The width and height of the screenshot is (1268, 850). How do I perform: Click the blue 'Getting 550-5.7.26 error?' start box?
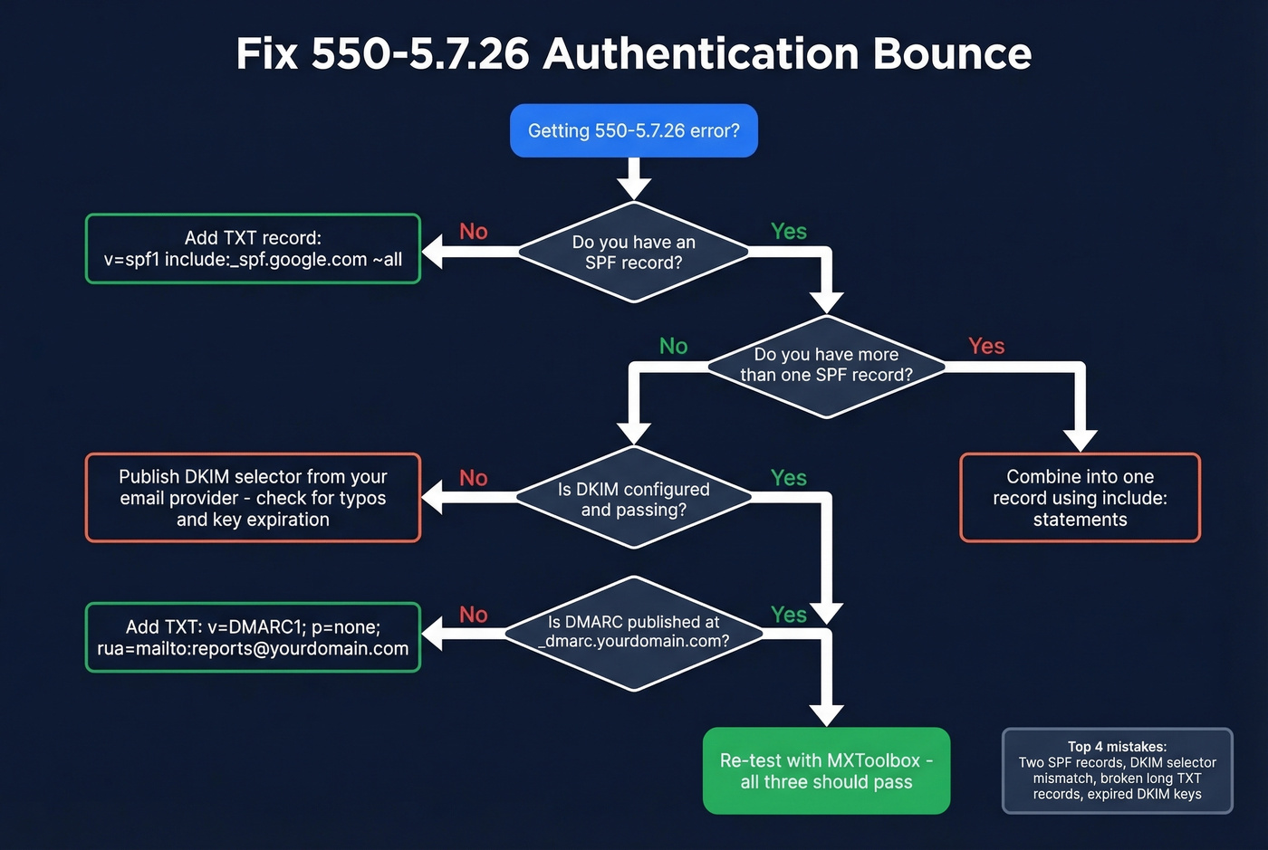click(633, 130)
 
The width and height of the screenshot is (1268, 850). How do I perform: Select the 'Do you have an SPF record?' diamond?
click(633, 253)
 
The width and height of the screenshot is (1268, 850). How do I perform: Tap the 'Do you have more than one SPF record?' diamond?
click(826, 366)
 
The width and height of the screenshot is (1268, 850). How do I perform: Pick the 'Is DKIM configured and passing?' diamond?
click(633, 499)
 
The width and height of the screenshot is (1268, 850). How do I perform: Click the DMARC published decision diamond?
click(633, 632)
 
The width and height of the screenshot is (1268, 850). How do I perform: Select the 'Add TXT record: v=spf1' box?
click(253, 249)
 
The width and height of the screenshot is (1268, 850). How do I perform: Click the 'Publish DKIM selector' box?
click(253, 498)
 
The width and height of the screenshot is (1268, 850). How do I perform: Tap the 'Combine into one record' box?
click(1080, 498)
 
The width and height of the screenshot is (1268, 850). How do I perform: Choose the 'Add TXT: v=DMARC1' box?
click(253, 637)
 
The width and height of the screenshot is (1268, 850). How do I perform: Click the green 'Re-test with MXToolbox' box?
click(826, 771)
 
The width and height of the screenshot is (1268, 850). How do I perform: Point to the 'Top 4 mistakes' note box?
click(1117, 771)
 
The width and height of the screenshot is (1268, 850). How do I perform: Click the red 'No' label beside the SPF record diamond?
click(474, 232)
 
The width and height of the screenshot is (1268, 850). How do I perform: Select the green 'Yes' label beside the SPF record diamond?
click(788, 232)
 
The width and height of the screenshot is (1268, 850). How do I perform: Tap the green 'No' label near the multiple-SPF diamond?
click(673, 347)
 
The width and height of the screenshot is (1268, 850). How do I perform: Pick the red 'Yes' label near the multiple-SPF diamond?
click(986, 347)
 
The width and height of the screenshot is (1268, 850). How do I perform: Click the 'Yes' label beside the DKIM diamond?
click(788, 478)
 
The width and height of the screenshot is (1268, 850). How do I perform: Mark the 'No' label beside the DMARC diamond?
click(474, 615)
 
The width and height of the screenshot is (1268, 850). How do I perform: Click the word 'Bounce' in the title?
click(952, 53)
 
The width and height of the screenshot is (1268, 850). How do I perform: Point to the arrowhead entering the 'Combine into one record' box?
click(1080, 440)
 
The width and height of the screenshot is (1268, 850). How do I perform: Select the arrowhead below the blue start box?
click(633, 187)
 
